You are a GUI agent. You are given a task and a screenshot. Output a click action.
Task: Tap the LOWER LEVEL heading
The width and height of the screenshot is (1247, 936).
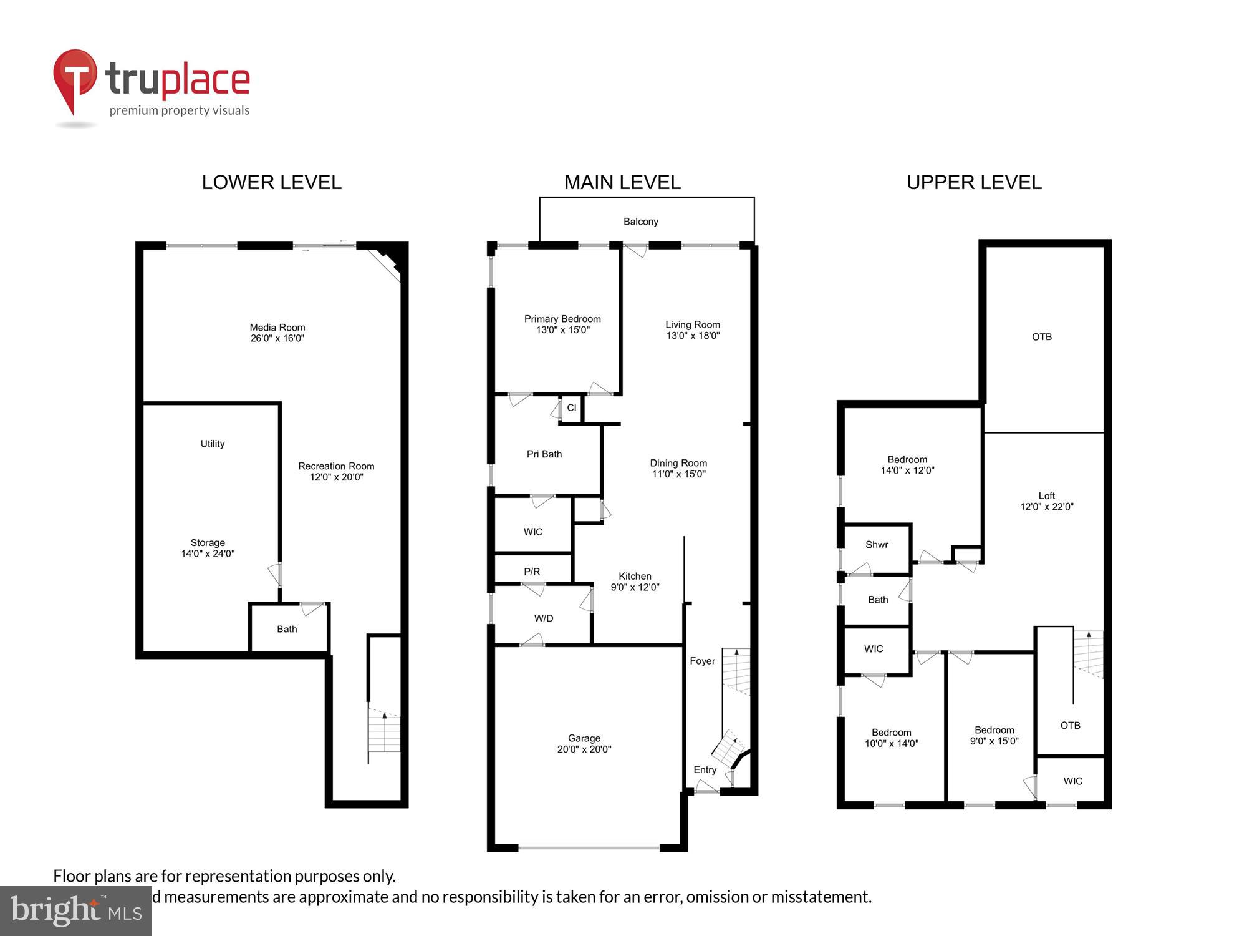[x=271, y=182]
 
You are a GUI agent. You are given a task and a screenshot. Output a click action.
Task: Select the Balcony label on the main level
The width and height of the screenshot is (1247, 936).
[x=640, y=222]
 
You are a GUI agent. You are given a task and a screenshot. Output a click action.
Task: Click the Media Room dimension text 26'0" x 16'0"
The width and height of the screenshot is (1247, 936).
[x=277, y=339]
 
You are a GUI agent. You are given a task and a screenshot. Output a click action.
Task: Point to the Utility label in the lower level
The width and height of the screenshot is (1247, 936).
[x=212, y=444]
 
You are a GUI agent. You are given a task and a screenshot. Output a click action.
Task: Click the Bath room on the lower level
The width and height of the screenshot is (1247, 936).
[x=287, y=629]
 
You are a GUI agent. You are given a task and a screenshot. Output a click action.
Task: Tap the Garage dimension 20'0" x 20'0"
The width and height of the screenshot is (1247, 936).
[x=584, y=749]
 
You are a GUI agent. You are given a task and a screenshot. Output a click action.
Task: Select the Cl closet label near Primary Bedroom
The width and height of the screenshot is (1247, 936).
[x=571, y=408]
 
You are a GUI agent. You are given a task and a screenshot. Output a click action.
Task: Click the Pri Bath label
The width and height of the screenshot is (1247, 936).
[x=544, y=454]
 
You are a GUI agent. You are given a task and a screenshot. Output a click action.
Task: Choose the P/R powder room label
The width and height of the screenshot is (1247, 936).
[x=532, y=572]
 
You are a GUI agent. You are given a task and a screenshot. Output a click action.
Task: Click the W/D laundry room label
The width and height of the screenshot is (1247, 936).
[x=543, y=618]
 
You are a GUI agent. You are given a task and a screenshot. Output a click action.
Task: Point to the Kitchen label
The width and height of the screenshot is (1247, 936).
[x=635, y=576]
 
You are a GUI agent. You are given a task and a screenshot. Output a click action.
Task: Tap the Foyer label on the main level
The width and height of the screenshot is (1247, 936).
[x=702, y=661]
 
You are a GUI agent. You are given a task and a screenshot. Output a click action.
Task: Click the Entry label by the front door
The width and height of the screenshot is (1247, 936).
[x=705, y=770]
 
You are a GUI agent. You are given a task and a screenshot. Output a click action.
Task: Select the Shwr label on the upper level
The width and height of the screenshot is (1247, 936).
[x=876, y=545]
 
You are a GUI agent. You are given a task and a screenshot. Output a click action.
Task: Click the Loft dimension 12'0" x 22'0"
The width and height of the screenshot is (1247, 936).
[x=1046, y=507]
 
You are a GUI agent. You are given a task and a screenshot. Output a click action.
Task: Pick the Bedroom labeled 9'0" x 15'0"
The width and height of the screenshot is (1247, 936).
[x=994, y=736]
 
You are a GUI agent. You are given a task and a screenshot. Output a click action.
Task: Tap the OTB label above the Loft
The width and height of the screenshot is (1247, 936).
[x=1041, y=337]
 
